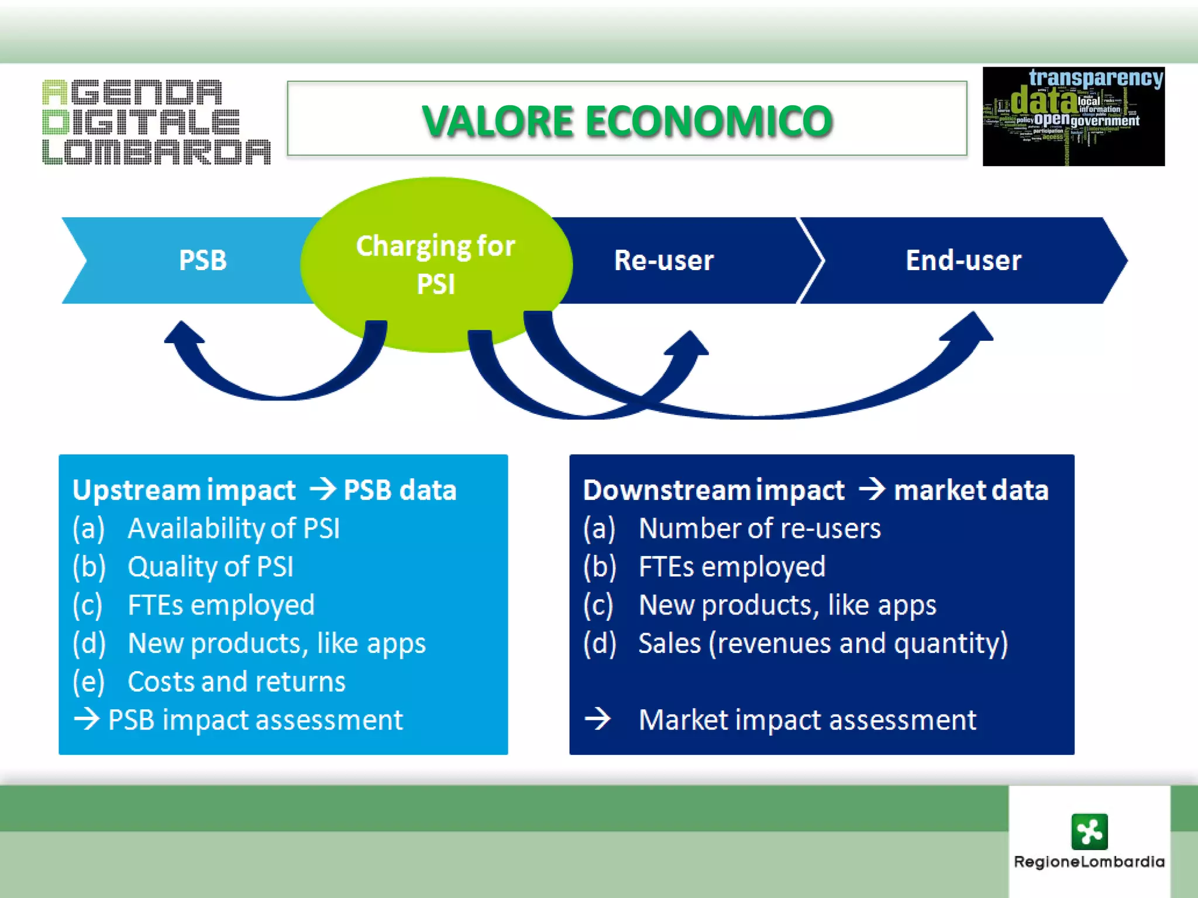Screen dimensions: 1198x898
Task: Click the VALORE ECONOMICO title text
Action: click(627, 121)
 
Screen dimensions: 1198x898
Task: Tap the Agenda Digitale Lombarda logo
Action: click(156, 122)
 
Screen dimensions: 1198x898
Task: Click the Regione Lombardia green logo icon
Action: click(1089, 831)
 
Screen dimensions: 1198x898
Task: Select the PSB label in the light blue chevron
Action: click(202, 260)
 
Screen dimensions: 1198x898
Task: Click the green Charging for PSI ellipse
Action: click(436, 264)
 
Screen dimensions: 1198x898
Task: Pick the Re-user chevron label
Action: click(664, 260)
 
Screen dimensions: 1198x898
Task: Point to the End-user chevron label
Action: click(963, 260)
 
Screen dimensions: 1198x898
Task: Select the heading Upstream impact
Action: click(184, 490)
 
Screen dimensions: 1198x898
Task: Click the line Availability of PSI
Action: click(233, 529)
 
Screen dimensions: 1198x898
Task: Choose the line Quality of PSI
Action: click(211, 567)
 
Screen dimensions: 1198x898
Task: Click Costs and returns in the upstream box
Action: click(236, 682)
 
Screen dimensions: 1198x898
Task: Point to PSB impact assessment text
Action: click(256, 720)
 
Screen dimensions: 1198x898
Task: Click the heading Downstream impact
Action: click(714, 490)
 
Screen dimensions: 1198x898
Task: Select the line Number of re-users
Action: click(759, 529)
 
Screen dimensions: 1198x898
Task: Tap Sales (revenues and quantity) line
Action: click(823, 643)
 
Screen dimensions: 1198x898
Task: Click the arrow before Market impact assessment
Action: click(598, 719)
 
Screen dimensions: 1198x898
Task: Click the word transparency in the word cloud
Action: click(1096, 78)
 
